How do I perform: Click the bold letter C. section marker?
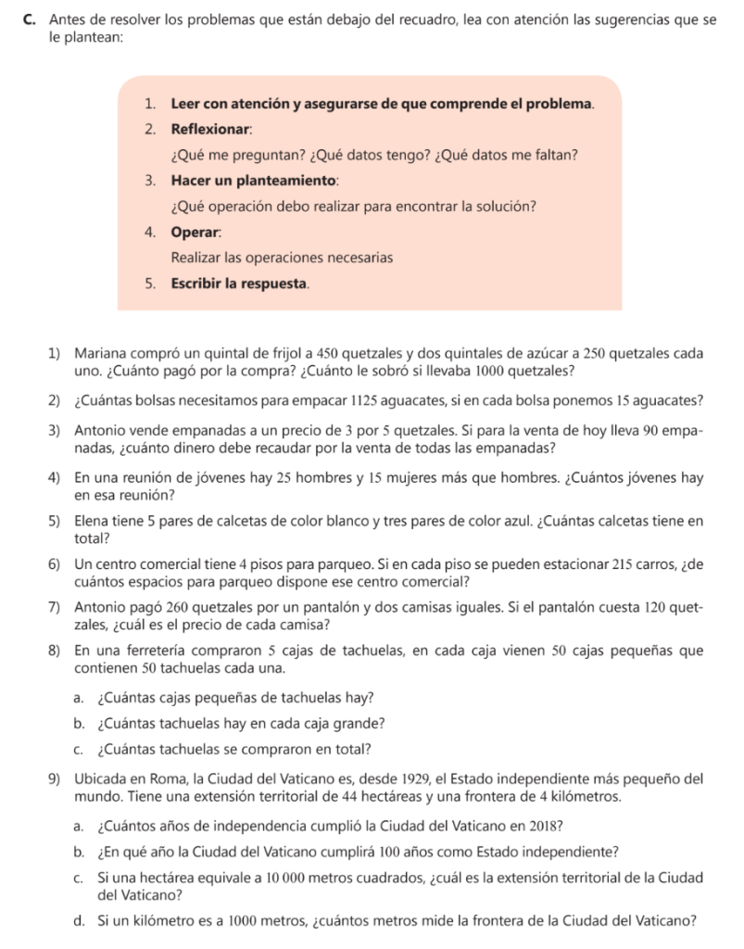(32, 19)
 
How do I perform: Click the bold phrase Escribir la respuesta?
(239, 283)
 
